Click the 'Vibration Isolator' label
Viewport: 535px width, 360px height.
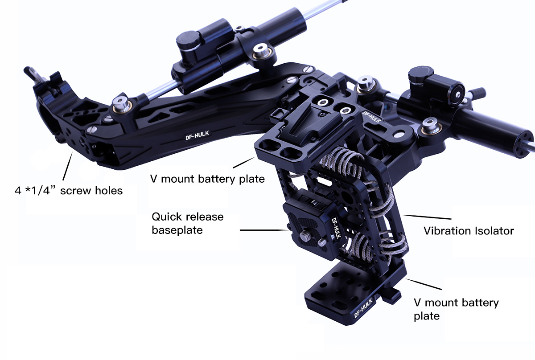click(469, 231)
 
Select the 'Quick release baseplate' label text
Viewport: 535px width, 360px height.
click(187, 223)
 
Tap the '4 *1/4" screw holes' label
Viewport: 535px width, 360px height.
click(68, 191)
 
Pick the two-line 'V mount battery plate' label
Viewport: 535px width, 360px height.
click(456, 309)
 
